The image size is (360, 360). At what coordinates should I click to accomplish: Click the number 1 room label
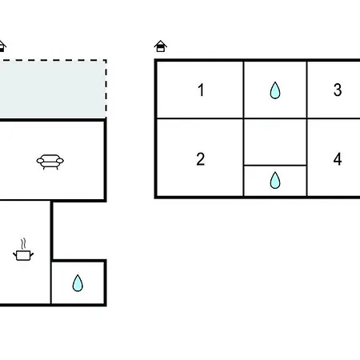(x=201, y=90)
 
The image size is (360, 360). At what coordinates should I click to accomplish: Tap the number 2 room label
(x=201, y=159)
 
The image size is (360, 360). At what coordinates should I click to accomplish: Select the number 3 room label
(x=338, y=90)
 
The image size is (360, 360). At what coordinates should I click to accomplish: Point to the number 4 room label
(x=338, y=159)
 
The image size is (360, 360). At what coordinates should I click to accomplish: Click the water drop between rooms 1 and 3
(x=275, y=90)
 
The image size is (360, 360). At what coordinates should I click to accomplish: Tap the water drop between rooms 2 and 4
(x=275, y=180)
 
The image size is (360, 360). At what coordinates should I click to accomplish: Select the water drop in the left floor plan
(x=78, y=283)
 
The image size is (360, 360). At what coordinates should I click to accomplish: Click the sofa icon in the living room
(x=50, y=162)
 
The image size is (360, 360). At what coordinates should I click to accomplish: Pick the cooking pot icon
(x=23, y=255)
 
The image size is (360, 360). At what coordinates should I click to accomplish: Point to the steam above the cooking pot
(x=24, y=244)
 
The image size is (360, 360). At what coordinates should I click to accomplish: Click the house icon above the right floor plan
(x=161, y=46)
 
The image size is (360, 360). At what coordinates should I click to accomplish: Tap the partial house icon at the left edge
(x=2, y=46)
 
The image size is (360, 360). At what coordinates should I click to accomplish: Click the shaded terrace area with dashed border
(x=53, y=90)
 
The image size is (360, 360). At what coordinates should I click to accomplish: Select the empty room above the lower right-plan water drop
(x=275, y=142)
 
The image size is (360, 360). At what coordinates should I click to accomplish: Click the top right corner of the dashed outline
(x=106, y=60)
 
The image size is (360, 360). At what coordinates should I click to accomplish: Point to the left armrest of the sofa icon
(x=40, y=161)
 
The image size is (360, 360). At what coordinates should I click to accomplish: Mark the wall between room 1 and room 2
(x=200, y=118)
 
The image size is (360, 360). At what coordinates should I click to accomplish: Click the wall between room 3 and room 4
(x=334, y=118)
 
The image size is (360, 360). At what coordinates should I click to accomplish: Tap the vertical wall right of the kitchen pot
(x=51, y=253)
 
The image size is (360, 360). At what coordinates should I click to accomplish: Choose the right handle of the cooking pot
(x=32, y=254)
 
